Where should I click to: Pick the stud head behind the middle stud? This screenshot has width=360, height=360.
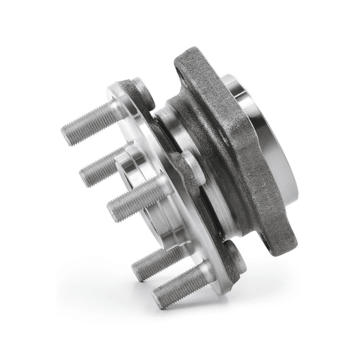pos(191,168)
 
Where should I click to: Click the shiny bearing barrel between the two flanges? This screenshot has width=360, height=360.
pos(186,141)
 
